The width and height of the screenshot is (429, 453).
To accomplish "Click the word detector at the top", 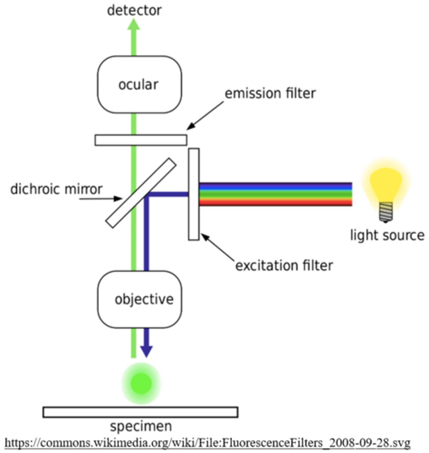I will click(x=134, y=10).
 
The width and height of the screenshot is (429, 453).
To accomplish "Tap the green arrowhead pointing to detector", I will click(x=134, y=24).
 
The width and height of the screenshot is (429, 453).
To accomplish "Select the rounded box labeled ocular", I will click(x=139, y=85).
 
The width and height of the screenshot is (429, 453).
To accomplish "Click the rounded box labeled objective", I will click(x=140, y=299).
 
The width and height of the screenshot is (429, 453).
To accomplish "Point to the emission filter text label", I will click(x=270, y=93).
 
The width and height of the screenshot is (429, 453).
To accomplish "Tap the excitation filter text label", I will click(x=284, y=265).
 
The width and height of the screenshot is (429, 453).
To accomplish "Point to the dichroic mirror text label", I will click(x=56, y=189).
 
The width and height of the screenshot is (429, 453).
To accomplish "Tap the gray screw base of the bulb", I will click(x=386, y=212).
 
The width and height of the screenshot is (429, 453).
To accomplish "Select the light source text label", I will click(x=387, y=235).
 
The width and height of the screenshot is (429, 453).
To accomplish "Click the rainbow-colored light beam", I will click(x=275, y=194).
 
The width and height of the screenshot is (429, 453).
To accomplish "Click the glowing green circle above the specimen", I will click(x=141, y=384).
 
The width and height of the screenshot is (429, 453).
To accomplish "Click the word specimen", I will click(x=141, y=426).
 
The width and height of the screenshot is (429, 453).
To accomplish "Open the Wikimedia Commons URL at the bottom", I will click(x=208, y=442).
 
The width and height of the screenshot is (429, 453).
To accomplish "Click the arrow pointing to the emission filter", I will click(x=206, y=115).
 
